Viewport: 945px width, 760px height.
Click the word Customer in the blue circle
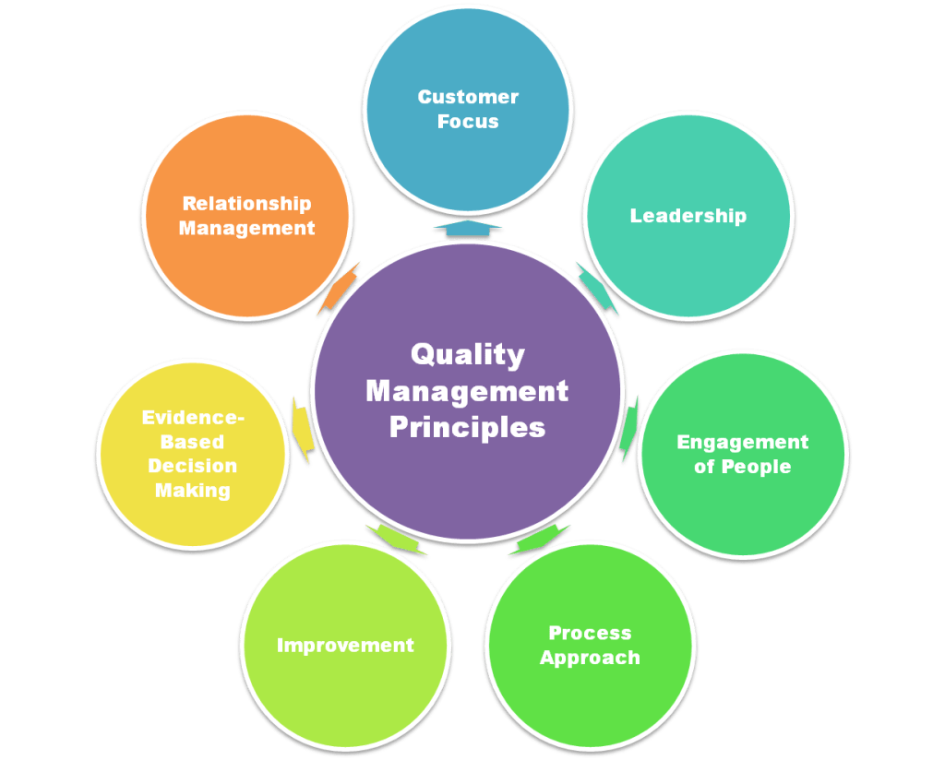pyautogui.click(x=468, y=97)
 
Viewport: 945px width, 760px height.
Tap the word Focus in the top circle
pyautogui.click(x=468, y=121)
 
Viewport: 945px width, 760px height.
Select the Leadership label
pyautogui.click(x=688, y=216)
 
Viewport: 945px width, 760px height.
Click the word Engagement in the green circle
pyautogui.click(x=742, y=442)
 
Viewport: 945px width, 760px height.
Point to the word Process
pyautogui.click(x=590, y=633)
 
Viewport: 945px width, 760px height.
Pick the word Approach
pyautogui.click(x=590, y=658)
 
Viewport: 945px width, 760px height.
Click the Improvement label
pyautogui.click(x=345, y=645)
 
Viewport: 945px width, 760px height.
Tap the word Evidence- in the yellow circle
pyautogui.click(x=193, y=418)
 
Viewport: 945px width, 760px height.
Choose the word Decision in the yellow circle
pyautogui.click(x=193, y=466)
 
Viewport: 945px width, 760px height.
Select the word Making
pyautogui.click(x=193, y=490)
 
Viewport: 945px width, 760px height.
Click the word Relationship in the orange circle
pyautogui.click(x=246, y=204)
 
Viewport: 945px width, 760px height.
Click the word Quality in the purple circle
pyautogui.click(x=467, y=354)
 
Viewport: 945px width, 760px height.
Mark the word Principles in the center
pyautogui.click(x=467, y=428)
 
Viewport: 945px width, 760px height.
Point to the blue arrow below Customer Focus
pyautogui.click(x=468, y=228)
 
